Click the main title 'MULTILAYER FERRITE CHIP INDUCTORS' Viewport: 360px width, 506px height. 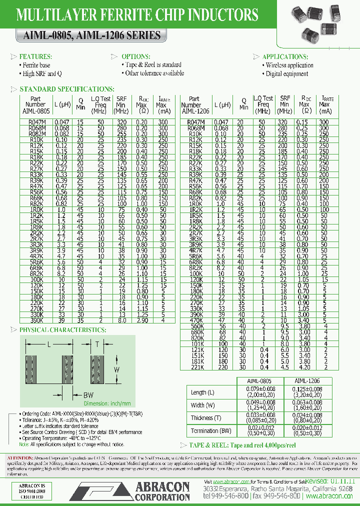tap(137, 15)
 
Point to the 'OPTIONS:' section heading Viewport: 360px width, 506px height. tap(135, 56)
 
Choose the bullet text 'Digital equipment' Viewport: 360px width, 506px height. tap(287, 74)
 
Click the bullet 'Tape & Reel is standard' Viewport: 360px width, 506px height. tap(153, 65)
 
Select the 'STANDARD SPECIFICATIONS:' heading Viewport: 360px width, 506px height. tap(66, 89)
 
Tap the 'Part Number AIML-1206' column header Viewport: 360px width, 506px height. tap(191, 105)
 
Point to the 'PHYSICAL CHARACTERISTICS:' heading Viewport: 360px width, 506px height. tap(62, 330)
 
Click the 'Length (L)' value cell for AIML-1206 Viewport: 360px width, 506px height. tap(303, 392)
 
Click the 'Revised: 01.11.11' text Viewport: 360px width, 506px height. tap(328, 480)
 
